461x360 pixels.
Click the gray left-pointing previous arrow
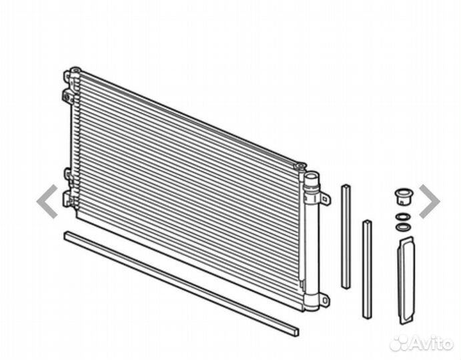(47, 201)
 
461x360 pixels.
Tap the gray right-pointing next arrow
(430, 201)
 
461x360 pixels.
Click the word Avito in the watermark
(431, 343)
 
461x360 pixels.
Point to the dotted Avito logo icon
(400, 343)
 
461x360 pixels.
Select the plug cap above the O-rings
(404, 197)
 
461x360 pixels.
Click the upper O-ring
(403, 217)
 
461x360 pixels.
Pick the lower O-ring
(403, 227)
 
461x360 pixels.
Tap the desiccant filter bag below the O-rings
(406, 281)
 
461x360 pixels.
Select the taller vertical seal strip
(346, 237)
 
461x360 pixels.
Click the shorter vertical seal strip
(367, 269)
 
